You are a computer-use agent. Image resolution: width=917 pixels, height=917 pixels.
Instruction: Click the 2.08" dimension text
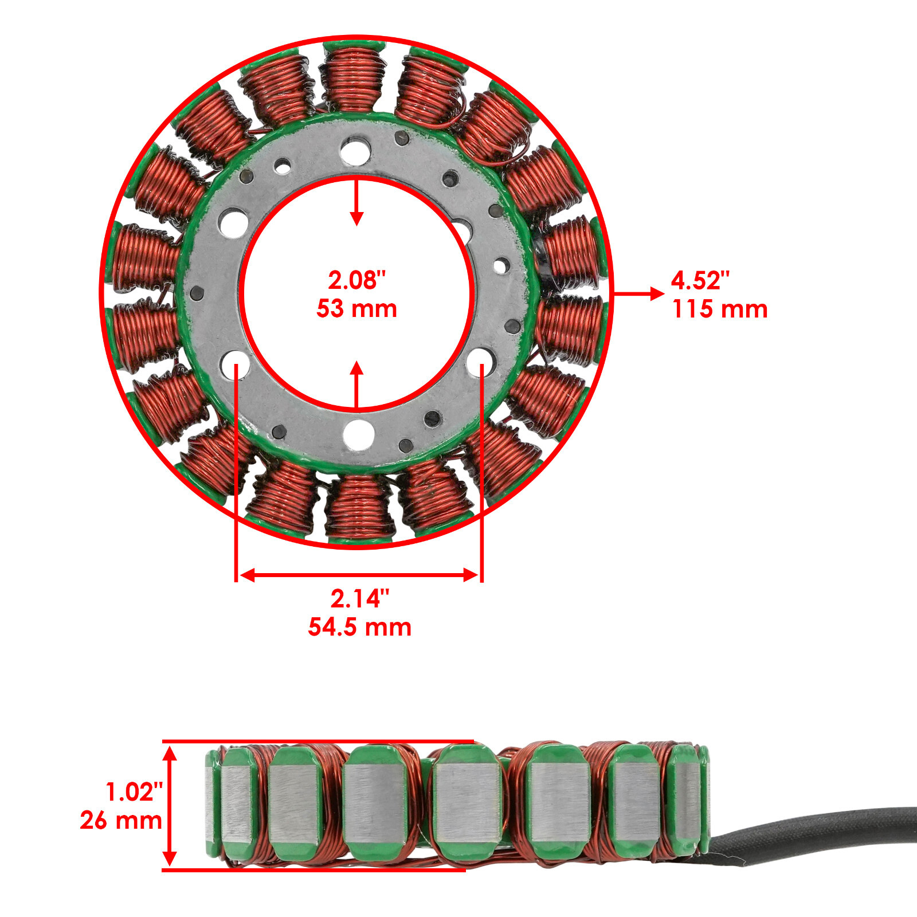tap(356, 280)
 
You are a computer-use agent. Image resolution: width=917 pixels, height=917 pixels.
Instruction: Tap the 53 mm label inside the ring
tap(356, 309)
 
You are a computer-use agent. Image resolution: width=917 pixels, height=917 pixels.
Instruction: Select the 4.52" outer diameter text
tap(700, 281)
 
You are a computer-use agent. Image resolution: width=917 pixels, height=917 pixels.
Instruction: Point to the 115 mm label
tap(720, 309)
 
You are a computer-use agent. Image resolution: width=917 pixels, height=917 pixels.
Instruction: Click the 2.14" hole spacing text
tap(359, 599)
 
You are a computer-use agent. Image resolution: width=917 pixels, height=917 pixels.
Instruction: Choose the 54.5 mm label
tap(359, 627)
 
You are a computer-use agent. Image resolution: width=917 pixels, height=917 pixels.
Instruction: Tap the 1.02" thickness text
tap(134, 792)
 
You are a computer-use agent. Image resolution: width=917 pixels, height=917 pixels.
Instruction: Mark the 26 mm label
tap(121, 821)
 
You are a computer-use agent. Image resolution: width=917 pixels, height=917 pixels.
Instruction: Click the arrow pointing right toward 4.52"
tap(639, 294)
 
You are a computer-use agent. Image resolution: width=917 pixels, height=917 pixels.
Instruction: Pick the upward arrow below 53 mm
tap(357, 384)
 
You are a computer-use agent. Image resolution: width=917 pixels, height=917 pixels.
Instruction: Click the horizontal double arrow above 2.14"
tap(359, 575)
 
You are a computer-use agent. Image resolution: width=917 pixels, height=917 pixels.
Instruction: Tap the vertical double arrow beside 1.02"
tap(170, 805)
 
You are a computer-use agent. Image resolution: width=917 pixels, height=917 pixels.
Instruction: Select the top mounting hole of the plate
tap(355, 150)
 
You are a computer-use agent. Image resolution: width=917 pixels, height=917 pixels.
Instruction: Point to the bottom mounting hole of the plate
tap(359, 434)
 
